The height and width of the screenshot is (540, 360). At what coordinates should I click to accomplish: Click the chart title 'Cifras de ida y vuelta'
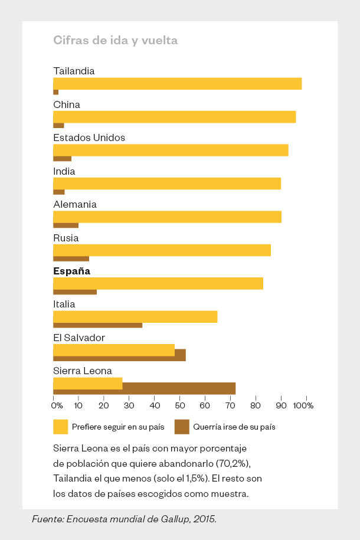click(x=115, y=40)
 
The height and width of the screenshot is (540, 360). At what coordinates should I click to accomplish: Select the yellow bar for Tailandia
click(x=177, y=83)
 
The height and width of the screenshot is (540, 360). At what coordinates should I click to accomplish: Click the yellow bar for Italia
click(x=135, y=316)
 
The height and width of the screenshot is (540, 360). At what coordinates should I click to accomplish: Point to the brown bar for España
click(x=75, y=292)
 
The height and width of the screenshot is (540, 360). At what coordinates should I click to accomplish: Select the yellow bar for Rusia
click(x=162, y=250)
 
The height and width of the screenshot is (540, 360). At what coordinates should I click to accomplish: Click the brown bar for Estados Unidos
click(x=62, y=159)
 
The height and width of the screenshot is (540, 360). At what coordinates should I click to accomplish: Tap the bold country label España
click(x=71, y=271)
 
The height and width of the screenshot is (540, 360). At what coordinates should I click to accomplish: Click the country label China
click(x=67, y=104)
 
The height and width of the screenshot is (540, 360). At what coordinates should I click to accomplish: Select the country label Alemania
click(x=75, y=204)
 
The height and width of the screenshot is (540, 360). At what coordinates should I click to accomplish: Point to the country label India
click(x=64, y=171)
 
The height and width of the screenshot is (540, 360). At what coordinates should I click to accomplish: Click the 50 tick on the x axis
click(x=179, y=405)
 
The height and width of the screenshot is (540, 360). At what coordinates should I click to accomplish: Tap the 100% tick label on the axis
click(x=303, y=405)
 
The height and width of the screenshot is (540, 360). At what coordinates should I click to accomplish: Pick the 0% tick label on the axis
click(x=57, y=405)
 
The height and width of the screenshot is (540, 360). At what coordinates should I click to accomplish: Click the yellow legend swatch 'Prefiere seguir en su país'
click(x=60, y=427)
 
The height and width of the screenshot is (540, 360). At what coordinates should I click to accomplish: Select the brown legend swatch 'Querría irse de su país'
click(x=182, y=427)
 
